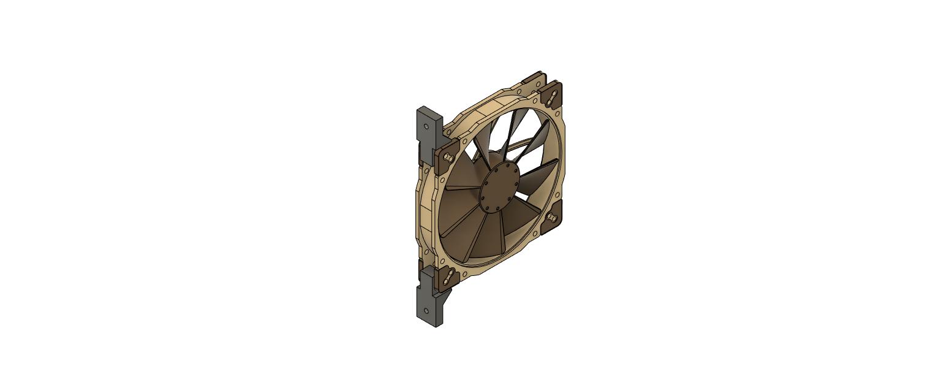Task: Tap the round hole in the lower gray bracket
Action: [427, 311]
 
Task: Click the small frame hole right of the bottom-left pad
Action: [464, 274]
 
